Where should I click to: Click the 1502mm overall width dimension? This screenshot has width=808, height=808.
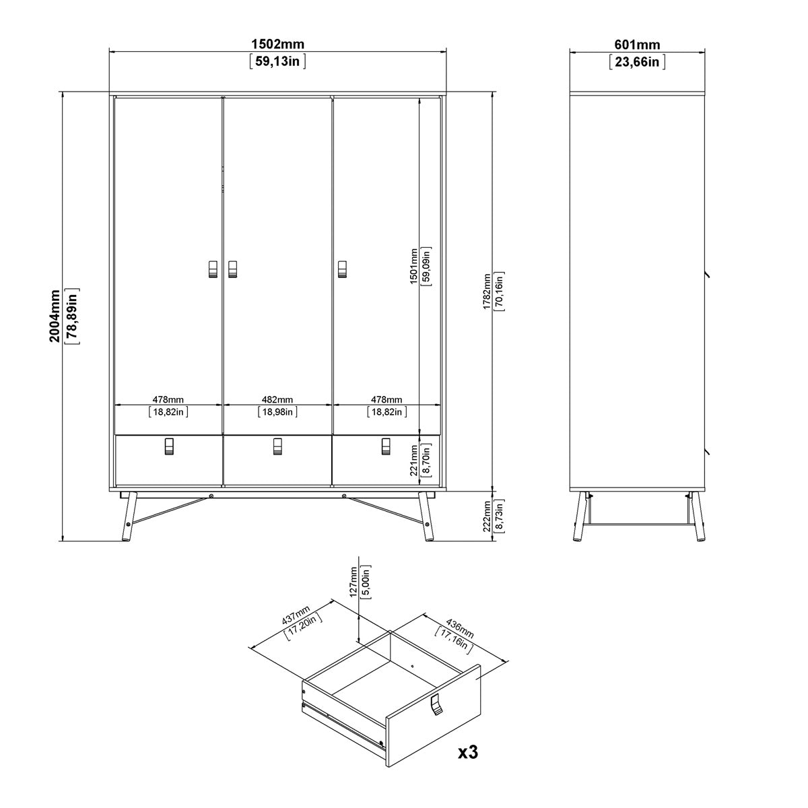[x=277, y=44]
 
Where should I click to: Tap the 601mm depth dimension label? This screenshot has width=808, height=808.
[x=636, y=44]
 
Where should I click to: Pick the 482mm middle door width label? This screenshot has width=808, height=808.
[x=277, y=400]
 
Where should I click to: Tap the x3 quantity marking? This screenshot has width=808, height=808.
[x=467, y=751]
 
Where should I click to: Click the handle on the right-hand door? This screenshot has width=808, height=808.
[x=341, y=269]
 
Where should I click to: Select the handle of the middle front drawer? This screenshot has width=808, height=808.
[x=277, y=446]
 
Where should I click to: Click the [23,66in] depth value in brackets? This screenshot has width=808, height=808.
[x=636, y=62]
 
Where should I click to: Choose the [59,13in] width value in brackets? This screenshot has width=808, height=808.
[x=277, y=62]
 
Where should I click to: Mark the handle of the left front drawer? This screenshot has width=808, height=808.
[x=169, y=446]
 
